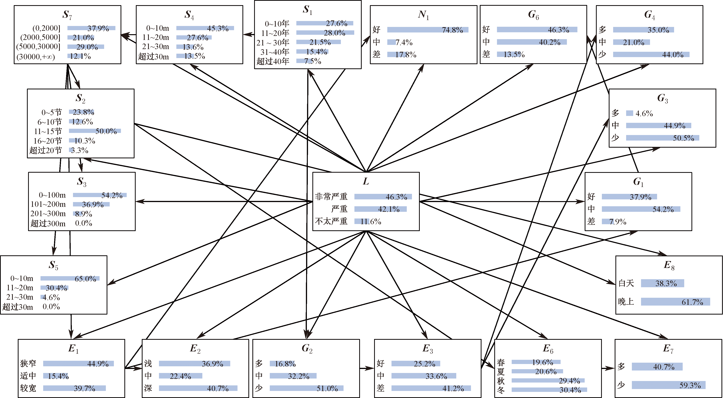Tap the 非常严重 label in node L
[x=331, y=197]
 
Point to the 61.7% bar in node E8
[x=675, y=302]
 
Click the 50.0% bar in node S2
[x=95, y=131]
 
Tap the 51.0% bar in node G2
[x=306, y=388]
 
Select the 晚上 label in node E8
[x=626, y=302]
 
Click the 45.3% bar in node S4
[x=205, y=28]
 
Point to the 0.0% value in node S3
[x=84, y=223]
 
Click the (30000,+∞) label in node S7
[x=36, y=57]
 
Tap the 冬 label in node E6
[x=501, y=390]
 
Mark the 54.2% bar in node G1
[x=641, y=209]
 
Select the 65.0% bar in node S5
[x=70, y=278]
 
